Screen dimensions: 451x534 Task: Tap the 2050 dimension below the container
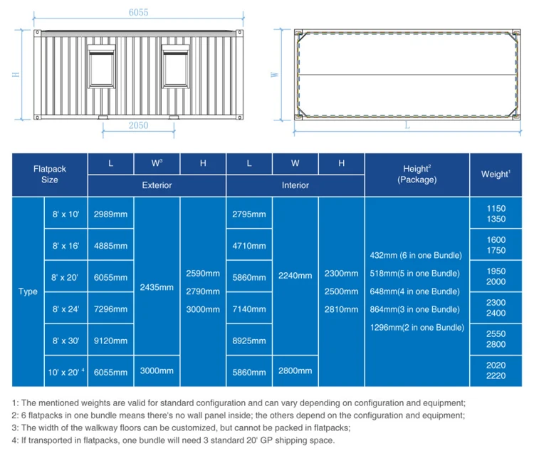[x=139, y=125]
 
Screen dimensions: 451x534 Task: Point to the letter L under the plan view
[x=407, y=125]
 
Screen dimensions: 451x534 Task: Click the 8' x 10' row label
[x=66, y=214]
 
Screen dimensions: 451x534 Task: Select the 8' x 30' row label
[x=66, y=340]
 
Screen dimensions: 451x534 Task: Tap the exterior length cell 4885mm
[x=110, y=246]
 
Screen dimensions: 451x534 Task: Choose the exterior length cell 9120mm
[x=110, y=340]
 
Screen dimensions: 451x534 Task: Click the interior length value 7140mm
[x=248, y=309]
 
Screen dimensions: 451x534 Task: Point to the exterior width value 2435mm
[x=157, y=288]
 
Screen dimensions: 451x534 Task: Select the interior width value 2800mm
[x=295, y=370]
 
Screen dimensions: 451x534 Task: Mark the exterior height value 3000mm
[x=203, y=309]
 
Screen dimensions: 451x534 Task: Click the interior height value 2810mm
[x=341, y=309]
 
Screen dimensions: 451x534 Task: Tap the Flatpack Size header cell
[x=50, y=175]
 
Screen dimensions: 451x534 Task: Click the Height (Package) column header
[x=417, y=175]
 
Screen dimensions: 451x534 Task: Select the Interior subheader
[x=295, y=185]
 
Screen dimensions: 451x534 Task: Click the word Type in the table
[x=28, y=291]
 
